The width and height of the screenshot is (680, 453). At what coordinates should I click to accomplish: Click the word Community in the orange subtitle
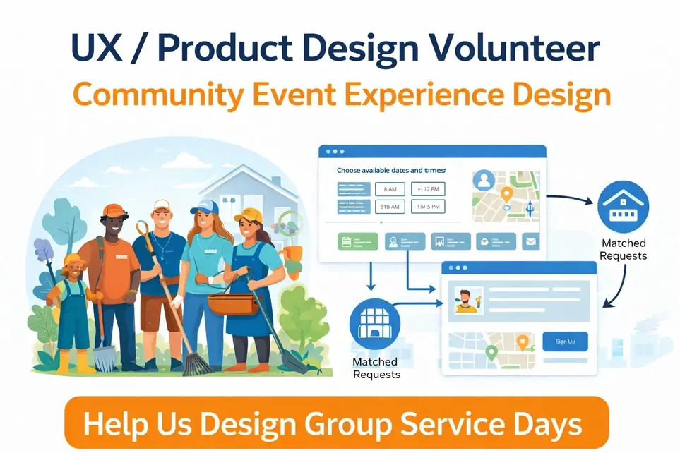[153, 95]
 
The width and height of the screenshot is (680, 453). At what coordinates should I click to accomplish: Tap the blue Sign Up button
[565, 342]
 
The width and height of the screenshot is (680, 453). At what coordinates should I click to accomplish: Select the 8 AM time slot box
[390, 189]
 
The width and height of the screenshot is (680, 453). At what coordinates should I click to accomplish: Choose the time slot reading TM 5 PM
[429, 207]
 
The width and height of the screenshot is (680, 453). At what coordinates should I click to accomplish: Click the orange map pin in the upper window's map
[506, 194]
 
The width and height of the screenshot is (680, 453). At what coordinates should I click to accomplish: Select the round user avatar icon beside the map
[484, 180]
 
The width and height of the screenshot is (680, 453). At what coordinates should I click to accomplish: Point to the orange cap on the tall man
[113, 210]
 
